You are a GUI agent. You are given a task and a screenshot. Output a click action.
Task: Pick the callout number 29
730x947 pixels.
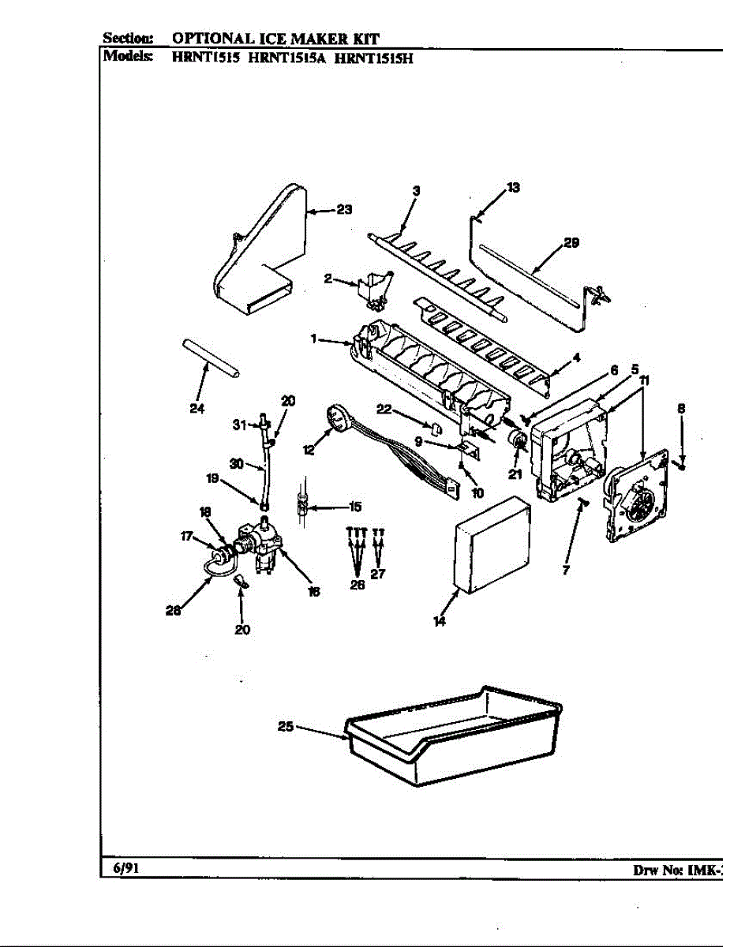(x=571, y=243)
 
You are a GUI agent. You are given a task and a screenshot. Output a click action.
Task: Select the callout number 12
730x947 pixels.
(x=309, y=449)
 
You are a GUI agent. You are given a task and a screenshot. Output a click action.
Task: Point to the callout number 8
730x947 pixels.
(x=680, y=408)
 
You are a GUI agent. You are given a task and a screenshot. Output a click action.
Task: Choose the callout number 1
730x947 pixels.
(x=313, y=339)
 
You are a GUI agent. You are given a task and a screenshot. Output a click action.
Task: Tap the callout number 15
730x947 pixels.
(x=354, y=507)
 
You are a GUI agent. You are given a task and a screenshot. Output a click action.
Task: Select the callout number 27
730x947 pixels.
(x=378, y=574)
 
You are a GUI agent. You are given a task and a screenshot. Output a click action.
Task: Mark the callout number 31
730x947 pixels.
(x=239, y=425)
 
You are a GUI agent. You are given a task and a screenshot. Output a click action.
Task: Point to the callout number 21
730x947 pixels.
(x=515, y=475)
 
